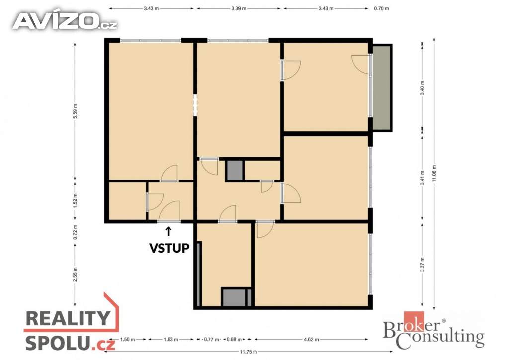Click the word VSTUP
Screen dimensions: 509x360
[x=169, y=248]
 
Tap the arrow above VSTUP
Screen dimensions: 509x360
[x=168, y=231]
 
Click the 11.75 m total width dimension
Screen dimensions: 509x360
[x=249, y=352]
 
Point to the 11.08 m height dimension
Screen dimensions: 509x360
[x=434, y=174]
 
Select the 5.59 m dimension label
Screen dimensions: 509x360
[x=76, y=111]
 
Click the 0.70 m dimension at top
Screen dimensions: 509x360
[x=381, y=9]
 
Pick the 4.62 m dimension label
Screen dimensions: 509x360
[x=311, y=340]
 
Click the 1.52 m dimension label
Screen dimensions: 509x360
[x=76, y=200]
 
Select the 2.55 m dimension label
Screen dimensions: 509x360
[x=76, y=274]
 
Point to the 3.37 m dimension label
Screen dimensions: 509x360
[x=422, y=265]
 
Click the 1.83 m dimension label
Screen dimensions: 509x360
[x=171, y=340]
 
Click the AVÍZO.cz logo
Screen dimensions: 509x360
[x=65, y=21]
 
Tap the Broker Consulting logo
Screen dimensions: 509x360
[x=433, y=330]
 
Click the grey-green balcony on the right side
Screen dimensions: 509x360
[x=382, y=88]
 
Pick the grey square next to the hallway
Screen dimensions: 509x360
[x=235, y=170]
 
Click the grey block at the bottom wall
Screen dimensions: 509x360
[x=235, y=297]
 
